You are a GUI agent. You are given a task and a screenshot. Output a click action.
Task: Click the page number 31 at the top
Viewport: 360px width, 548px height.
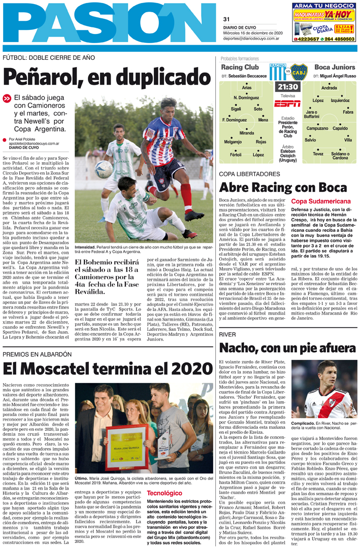coord(226,19)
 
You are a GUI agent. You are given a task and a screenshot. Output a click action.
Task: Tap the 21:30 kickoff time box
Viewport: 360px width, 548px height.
coord(287,87)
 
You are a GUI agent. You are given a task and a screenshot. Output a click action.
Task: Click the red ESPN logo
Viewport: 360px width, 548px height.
coord(287,104)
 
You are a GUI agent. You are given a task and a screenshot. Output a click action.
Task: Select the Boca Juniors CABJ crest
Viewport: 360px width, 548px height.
coord(299,72)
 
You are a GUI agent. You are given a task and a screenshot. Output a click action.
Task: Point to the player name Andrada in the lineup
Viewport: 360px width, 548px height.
coord(329,88)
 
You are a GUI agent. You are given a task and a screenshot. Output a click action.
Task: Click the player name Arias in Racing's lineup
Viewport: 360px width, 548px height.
coord(247,88)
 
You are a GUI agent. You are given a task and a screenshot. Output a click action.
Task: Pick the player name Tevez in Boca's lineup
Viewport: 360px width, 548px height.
coord(318,154)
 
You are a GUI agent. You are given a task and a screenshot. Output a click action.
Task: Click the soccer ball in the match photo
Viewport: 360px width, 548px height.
coord(104,169)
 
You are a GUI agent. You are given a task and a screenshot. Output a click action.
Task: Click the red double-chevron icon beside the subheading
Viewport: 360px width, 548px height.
coord(7,98)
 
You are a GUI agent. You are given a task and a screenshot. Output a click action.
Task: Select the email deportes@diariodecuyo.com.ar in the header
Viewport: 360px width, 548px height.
coord(251,38)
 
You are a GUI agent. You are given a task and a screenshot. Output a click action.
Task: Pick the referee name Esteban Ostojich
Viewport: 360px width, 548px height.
coord(287,154)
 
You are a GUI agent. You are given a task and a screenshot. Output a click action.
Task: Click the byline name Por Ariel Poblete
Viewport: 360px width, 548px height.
coord(23,139)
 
